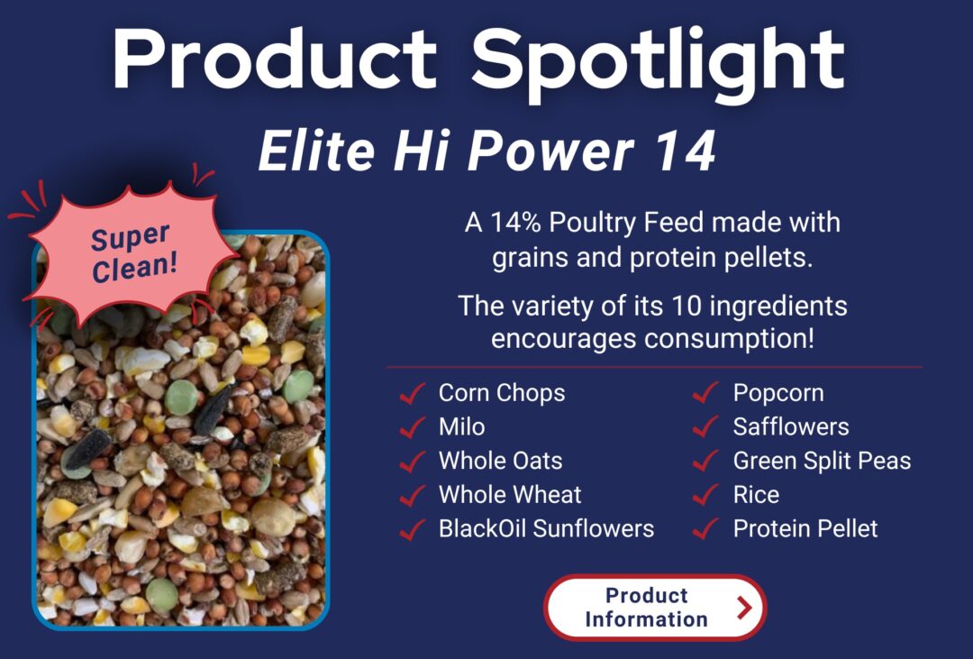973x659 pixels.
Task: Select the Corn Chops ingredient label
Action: pyautogui.click(x=502, y=393)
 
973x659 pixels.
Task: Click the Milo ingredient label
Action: pyautogui.click(x=461, y=426)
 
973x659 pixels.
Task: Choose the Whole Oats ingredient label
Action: pyautogui.click(x=500, y=461)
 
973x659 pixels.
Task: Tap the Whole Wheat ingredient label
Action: pyautogui.click(x=510, y=495)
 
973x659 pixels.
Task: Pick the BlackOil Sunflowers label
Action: pyautogui.click(x=546, y=528)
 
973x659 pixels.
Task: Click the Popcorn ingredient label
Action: pyautogui.click(x=778, y=393)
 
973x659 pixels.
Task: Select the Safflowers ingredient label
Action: pyautogui.click(x=791, y=426)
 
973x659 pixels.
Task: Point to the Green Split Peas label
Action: pyautogui.click(x=822, y=461)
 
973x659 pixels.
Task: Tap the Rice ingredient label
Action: pyautogui.click(x=756, y=495)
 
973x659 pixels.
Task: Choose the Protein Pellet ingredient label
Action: pyautogui.click(x=805, y=528)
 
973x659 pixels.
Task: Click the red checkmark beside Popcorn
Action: pyautogui.click(x=705, y=393)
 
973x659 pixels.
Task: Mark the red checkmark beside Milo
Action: pyautogui.click(x=412, y=426)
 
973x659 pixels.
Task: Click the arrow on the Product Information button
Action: pyautogui.click(x=743, y=608)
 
